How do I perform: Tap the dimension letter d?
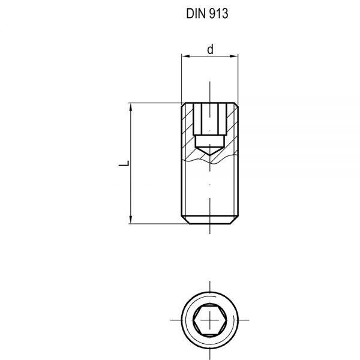point(210,50)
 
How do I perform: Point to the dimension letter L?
point(122,163)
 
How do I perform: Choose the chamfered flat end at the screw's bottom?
point(209,221)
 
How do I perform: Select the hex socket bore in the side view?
point(209,120)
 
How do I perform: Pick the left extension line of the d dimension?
point(182,78)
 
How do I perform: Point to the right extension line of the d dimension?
point(238,78)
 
